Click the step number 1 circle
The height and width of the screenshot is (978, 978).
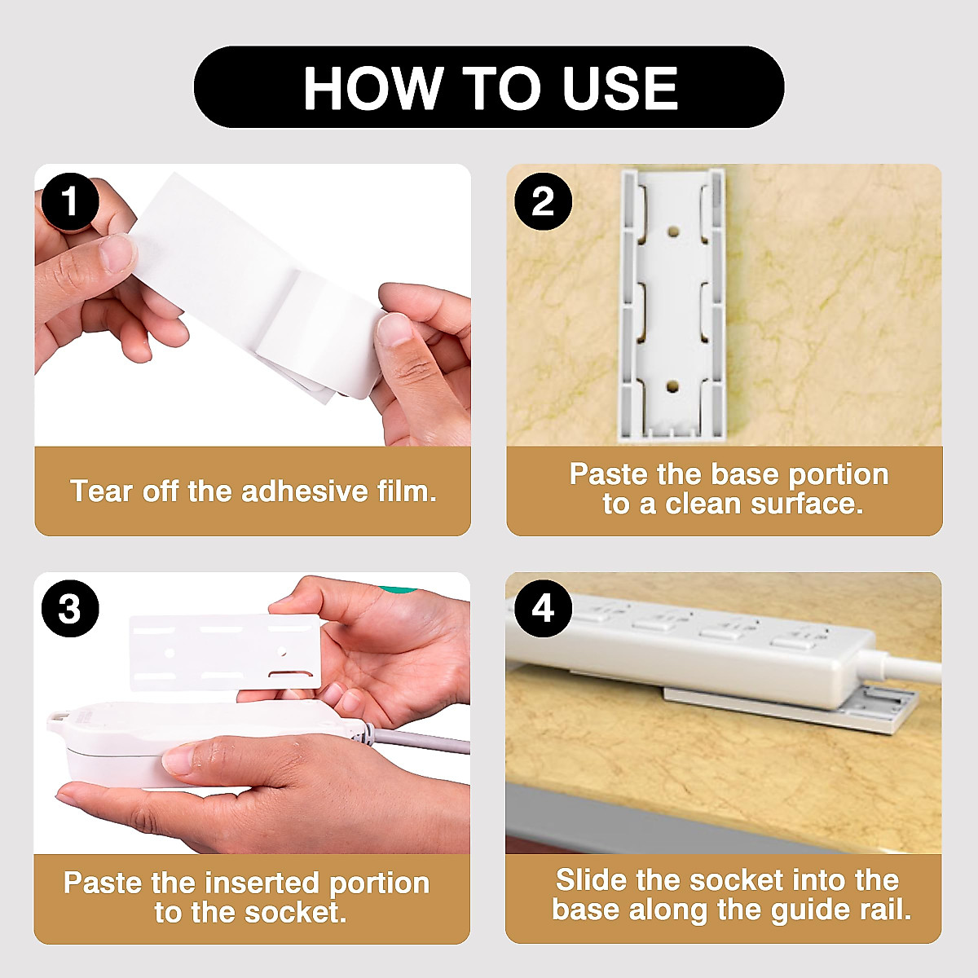[70, 200]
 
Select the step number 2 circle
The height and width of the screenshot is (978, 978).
[543, 200]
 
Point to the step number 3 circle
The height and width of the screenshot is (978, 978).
[70, 609]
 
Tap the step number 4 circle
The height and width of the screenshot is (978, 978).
[543, 607]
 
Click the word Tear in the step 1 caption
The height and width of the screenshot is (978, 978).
[102, 491]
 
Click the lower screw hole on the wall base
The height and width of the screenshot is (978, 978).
[672, 385]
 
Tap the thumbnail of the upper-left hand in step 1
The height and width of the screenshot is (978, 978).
[117, 253]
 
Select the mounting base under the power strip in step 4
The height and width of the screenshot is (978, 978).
[880, 709]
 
